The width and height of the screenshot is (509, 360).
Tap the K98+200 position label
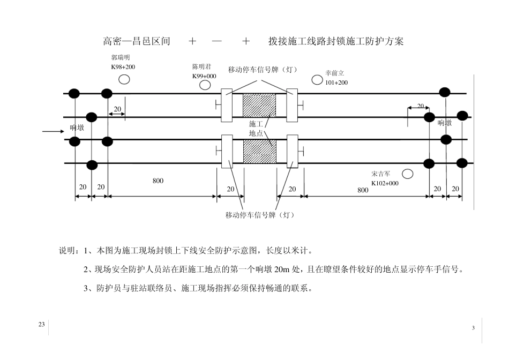[x=123, y=67]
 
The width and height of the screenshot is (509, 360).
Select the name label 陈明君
[x=201, y=67]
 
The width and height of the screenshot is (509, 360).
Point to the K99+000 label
[x=204, y=76]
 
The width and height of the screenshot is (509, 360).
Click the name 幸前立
[x=334, y=73]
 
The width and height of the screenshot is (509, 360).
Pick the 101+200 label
[x=336, y=82]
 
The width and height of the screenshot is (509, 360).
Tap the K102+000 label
[x=385, y=183]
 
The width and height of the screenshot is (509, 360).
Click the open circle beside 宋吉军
[x=408, y=174]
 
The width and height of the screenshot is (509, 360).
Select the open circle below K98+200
[x=124, y=79]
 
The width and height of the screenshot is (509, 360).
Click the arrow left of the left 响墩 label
[x=53, y=130]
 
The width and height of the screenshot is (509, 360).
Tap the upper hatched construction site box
[x=259, y=106]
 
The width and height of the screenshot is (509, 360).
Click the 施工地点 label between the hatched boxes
[x=256, y=129]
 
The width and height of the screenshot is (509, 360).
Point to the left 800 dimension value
[x=158, y=181]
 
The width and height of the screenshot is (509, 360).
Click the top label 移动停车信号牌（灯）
[x=262, y=70]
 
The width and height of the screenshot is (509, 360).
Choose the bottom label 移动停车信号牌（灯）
[x=260, y=215]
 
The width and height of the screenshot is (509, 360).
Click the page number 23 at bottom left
[x=41, y=325]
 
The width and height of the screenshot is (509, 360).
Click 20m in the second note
[x=282, y=269]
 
